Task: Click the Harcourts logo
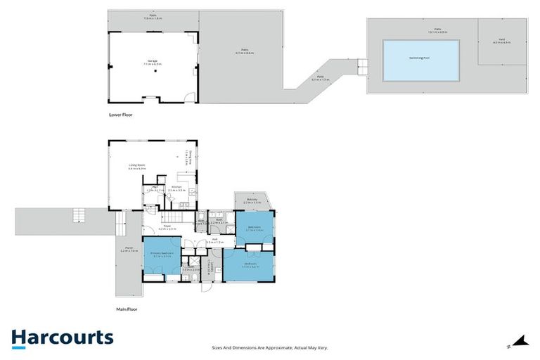(62, 337)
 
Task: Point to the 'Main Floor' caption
(126, 308)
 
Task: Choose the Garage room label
(152, 63)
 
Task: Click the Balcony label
(252, 201)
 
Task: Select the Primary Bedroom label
(162, 254)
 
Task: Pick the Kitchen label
(177, 188)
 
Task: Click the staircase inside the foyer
(176, 219)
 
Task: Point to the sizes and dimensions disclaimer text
(270, 347)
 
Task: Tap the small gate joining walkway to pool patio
(361, 67)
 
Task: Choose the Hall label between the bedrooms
(217, 240)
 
